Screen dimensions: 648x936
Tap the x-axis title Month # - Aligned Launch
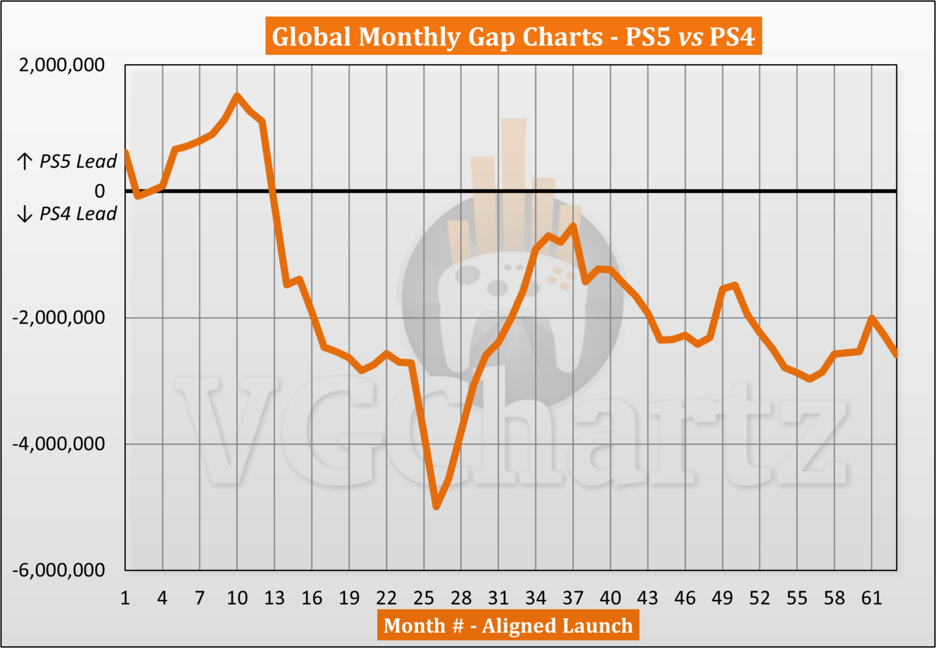(x=508, y=625)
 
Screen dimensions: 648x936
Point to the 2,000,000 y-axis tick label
(x=62, y=65)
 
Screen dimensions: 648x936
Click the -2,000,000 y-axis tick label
(x=59, y=318)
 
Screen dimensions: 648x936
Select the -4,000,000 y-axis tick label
(x=59, y=444)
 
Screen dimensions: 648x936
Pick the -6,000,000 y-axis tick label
(x=59, y=570)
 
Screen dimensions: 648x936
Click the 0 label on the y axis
(x=99, y=191)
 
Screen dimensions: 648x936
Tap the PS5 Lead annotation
(x=67, y=162)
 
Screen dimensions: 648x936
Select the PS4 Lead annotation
(x=67, y=214)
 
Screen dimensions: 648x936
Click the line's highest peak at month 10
(x=237, y=96)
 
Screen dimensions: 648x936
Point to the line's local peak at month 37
(x=573, y=226)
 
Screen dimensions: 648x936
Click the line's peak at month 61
(x=872, y=318)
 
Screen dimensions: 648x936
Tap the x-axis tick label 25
(x=424, y=598)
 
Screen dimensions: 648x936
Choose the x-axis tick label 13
(x=274, y=598)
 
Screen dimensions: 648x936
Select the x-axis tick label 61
(x=871, y=598)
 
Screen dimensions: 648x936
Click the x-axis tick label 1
(x=125, y=598)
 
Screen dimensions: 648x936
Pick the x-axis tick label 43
(x=647, y=598)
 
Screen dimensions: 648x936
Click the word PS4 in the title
(x=732, y=37)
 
